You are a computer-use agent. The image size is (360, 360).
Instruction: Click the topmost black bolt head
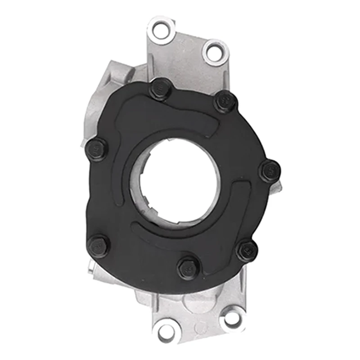[161, 89]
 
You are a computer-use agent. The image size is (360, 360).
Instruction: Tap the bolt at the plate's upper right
[225, 102]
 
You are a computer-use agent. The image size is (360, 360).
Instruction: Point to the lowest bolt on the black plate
[189, 268]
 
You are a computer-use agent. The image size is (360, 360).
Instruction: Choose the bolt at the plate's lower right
[247, 251]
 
